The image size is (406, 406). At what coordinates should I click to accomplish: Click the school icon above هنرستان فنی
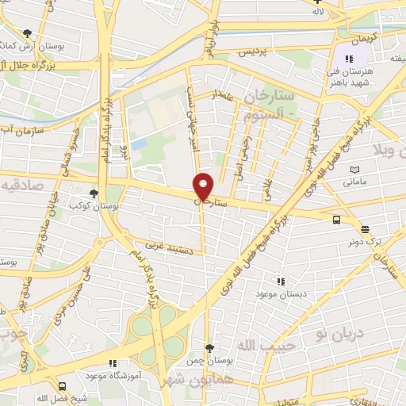coord(349,58)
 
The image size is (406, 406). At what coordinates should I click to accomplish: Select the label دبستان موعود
coord(278,294)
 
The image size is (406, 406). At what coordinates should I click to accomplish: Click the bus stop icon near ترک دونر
coord(337,220)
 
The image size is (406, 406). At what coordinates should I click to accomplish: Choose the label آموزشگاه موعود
coord(113,374)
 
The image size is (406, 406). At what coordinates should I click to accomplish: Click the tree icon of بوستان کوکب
coord(94,193)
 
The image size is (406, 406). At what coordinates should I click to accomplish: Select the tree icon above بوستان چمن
coord(209,347)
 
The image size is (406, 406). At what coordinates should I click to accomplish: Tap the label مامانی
coord(354,182)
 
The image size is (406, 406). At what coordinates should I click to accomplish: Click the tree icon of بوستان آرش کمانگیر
coord(29,33)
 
